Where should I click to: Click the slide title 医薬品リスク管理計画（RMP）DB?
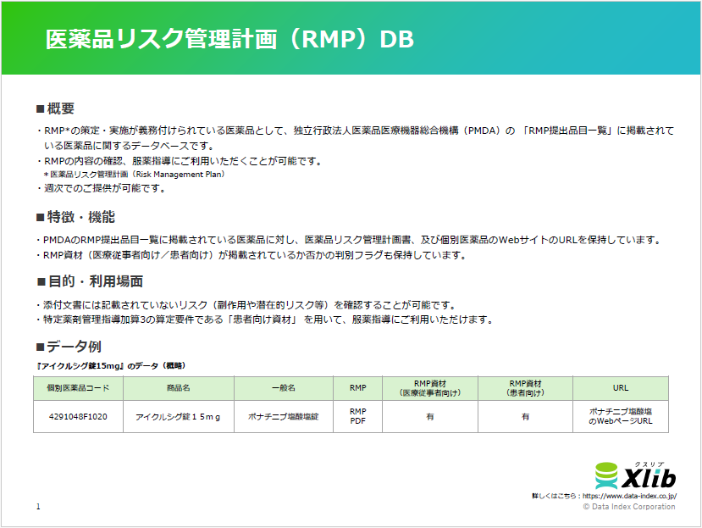coord(229,40)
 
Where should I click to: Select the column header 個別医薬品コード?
coord(78,388)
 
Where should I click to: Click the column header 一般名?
coord(283,388)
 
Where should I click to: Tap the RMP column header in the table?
coord(357,388)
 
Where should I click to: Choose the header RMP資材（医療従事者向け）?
coord(429,388)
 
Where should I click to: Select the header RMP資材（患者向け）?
coord(525,388)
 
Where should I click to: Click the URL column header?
coord(621,388)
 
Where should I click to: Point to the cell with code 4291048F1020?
coord(78,416)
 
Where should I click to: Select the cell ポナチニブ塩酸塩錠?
coord(283,416)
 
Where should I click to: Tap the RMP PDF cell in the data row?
coord(357,416)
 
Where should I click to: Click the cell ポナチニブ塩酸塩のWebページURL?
coord(621,416)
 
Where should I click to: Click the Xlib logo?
coord(635,474)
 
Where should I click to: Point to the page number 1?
coord(38,507)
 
